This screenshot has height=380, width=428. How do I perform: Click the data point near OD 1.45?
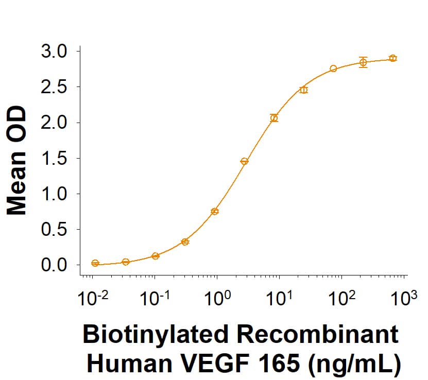[x=244, y=161]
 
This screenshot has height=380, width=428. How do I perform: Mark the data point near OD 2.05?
[x=274, y=118]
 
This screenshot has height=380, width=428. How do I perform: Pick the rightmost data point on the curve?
[x=392, y=58]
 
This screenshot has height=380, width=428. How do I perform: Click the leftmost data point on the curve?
[x=95, y=263]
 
